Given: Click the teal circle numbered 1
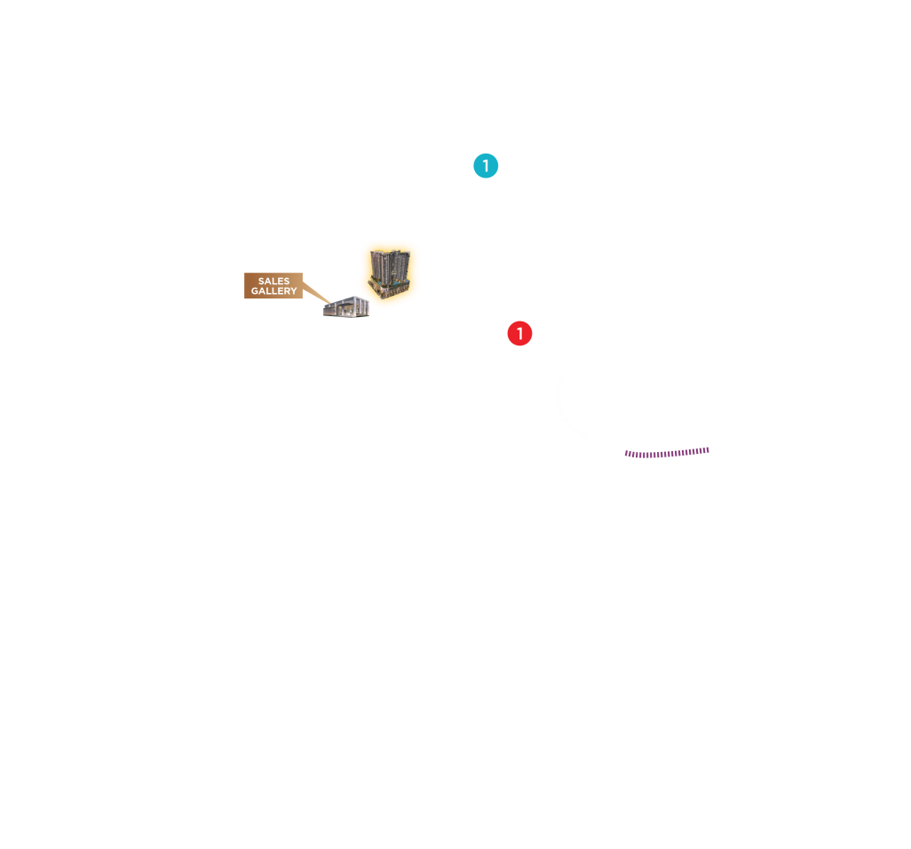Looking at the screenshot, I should pyautogui.click(x=486, y=166).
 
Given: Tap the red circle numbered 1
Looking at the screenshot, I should pyautogui.click(x=519, y=334).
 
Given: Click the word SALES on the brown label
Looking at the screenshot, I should pyautogui.click(x=273, y=282).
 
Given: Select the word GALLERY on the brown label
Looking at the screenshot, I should pyautogui.click(x=273, y=291).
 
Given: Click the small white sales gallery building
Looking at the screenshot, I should pyautogui.click(x=345, y=307).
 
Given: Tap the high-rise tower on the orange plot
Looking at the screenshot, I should pyautogui.click(x=390, y=270).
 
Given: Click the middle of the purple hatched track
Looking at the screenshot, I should pyautogui.click(x=667, y=453).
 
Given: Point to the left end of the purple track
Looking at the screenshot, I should pyautogui.click(x=626, y=454).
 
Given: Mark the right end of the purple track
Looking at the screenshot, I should pyautogui.click(x=708, y=449).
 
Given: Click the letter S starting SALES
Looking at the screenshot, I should pyautogui.click(x=261, y=282).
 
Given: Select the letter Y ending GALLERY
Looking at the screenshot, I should pyautogui.click(x=294, y=291).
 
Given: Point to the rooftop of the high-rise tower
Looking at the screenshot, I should pyautogui.click(x=389, y=253).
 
